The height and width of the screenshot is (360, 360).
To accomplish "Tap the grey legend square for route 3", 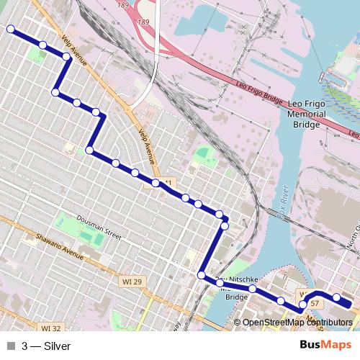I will coord(10,346).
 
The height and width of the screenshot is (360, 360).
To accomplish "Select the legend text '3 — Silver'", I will coord(46,346).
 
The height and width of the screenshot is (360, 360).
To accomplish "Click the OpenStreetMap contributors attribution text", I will coord(297,323).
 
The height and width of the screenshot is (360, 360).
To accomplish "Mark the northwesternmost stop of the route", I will coord(11,30).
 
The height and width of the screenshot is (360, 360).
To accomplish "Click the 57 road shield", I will coord(315,303).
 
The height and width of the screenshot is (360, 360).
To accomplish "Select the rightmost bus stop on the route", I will coord(336,297).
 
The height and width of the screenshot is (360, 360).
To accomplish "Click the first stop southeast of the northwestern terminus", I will coord(42,45).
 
